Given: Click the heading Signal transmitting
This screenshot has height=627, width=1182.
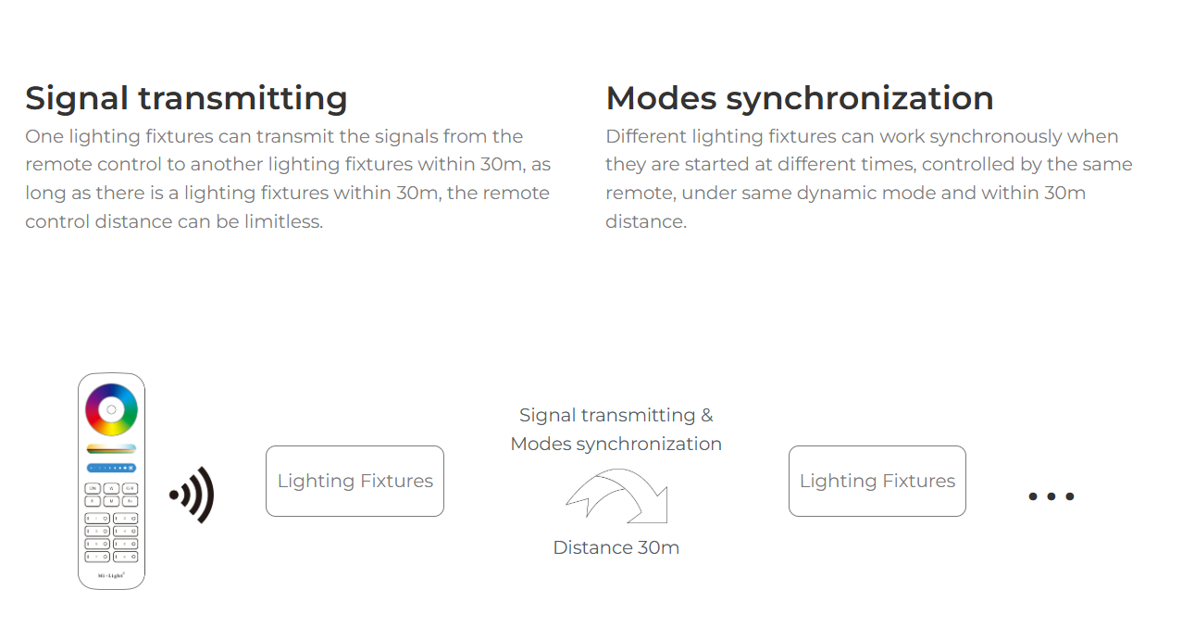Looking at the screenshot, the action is [x=186, y=99].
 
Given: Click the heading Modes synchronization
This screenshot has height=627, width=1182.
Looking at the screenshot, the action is [x=800, y=99].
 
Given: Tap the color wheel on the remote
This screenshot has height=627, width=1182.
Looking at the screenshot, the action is [x=111, y=409].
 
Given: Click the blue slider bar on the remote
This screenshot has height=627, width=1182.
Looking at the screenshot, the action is [x=111, y=468].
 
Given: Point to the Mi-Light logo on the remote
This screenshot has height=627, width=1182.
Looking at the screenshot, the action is [x=111, y=575].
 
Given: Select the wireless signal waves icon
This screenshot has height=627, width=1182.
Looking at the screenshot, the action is [x=193, y=495].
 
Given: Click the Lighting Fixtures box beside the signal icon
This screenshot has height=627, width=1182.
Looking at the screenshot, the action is [x=355, y=481].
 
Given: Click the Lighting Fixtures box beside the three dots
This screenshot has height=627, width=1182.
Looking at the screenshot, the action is [x=877, y=481].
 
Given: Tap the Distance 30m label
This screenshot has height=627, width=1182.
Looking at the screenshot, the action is [x=616, y=548].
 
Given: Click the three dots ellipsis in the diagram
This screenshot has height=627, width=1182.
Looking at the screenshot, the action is [x=1051, y=496].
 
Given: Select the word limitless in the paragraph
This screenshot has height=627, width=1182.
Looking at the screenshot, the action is [x=283, y=221].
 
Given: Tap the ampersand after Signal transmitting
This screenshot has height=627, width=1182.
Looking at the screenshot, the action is [x=707, y=415].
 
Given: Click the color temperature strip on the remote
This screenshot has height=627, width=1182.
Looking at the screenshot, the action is [x=111, y=448].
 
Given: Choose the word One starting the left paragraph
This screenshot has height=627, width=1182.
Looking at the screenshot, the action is [x=44, y=137].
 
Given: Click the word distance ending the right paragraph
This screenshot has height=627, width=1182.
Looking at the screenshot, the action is [x=646, y=221].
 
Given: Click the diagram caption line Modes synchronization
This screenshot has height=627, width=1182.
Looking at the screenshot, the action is [x=616, y=445].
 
